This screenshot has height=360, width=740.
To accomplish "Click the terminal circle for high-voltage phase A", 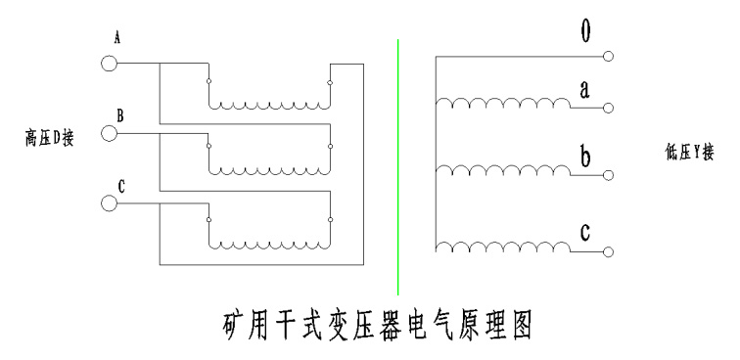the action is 109,64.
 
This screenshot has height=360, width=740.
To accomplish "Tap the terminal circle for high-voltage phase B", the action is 109,133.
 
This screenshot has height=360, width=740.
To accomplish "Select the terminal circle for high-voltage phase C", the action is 109,203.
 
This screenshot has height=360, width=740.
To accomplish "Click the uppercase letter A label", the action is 117,38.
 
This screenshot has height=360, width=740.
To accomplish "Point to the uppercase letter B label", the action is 120,115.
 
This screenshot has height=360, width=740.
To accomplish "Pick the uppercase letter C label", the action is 121,187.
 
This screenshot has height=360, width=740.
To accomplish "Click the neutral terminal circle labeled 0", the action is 608,56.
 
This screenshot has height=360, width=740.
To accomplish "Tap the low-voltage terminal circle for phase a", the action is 608,108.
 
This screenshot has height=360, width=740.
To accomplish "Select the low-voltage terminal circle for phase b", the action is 608,175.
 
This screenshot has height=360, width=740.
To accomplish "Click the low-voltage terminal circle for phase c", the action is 608,252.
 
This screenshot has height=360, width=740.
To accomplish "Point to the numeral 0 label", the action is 585,31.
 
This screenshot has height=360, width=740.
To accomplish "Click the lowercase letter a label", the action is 584,90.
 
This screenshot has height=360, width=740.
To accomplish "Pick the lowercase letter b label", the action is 585,157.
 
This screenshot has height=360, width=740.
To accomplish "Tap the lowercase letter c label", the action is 585,232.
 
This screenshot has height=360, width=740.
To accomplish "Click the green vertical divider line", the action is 397,167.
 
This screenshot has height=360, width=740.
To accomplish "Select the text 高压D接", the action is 50,139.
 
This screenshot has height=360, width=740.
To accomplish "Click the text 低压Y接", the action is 690,153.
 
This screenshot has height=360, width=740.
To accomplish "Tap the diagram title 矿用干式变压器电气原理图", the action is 378,325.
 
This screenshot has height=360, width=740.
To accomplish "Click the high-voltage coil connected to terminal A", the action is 269,106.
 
